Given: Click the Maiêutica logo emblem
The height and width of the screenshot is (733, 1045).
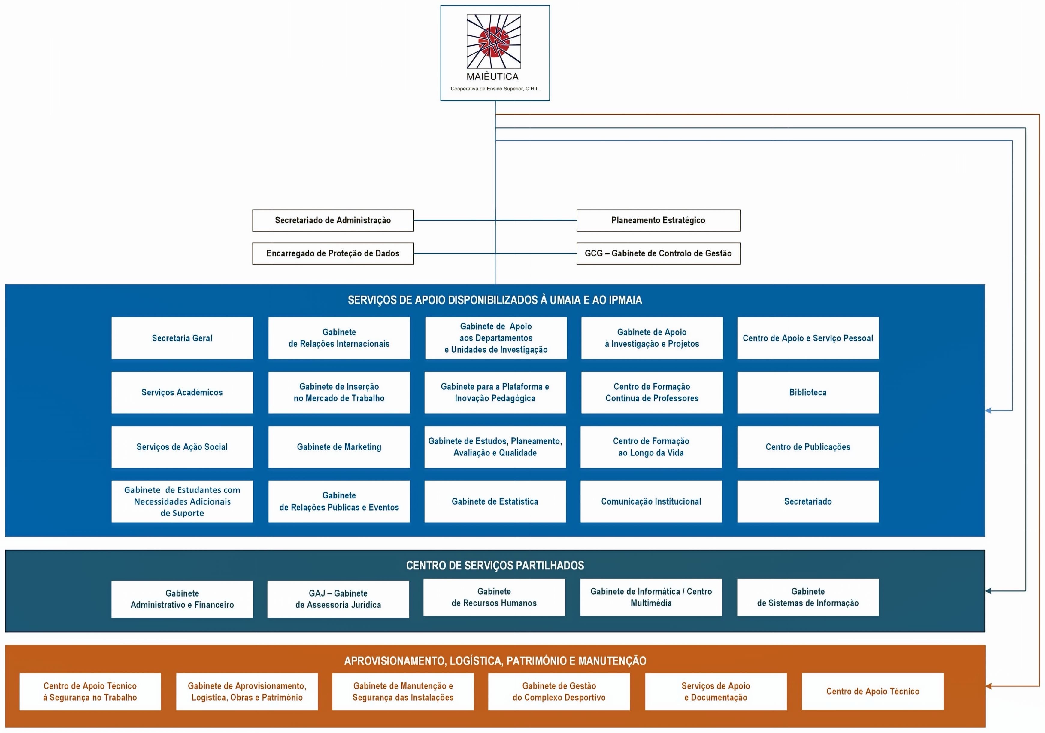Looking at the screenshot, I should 494,41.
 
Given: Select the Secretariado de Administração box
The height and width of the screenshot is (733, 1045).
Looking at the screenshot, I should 333,220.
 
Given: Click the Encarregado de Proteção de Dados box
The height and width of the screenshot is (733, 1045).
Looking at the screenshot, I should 333,253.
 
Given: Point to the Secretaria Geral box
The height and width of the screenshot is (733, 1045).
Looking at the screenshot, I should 182,338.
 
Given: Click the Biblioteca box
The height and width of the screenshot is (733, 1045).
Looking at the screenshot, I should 807,393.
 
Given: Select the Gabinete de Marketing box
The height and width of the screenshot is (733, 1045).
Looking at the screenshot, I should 339,447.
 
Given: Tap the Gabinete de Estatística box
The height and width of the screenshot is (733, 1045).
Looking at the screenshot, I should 495,501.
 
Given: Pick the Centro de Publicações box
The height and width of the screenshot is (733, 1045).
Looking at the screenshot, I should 807,447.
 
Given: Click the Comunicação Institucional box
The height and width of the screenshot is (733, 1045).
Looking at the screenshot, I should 651,501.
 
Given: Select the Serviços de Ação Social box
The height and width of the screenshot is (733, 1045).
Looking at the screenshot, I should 182,447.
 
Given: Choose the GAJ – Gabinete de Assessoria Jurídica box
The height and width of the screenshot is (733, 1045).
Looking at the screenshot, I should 338,599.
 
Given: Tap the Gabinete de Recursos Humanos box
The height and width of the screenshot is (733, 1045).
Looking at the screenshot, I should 494,597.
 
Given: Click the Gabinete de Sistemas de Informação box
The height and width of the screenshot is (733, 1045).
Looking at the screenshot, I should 807,597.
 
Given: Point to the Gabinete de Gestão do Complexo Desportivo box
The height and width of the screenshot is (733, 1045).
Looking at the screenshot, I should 559,692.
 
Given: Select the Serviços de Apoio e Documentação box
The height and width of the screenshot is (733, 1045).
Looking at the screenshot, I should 716,692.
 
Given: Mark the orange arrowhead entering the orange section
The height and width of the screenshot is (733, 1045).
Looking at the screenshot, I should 989,685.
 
